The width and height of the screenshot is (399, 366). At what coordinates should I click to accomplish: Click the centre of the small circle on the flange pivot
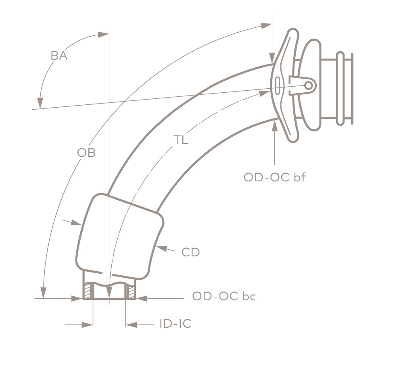[x=308, y=85]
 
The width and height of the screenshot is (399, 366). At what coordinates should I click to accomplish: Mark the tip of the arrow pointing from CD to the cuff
[x=156, y=246]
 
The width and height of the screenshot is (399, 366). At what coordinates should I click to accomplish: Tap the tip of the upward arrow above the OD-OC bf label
[x=274, y=121]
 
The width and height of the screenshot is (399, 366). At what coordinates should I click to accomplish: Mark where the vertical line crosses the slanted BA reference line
[x=109, y=103]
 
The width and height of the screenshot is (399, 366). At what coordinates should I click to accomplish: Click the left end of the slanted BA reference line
[x=32, y=109]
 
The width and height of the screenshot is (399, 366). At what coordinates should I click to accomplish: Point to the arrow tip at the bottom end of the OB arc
[x=44, y=298]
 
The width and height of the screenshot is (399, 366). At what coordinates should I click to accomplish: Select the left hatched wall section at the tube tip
[x=88, y=290]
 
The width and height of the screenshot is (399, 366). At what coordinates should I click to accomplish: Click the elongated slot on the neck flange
[x=278, y=85]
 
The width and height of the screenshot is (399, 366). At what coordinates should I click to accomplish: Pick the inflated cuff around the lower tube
[x=120, y=236]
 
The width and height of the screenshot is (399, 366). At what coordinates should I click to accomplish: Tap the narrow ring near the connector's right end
[x=340, y=88]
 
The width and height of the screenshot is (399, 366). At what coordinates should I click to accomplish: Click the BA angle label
[x=59, y=56]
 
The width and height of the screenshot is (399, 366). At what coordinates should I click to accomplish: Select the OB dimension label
[x=86, y=153]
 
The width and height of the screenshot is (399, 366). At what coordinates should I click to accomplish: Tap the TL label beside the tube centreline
[x=181, y=140]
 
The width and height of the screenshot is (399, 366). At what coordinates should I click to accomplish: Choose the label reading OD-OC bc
[x=224, y=296]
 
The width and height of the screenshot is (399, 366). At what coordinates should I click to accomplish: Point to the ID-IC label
[x=175, y=324]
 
